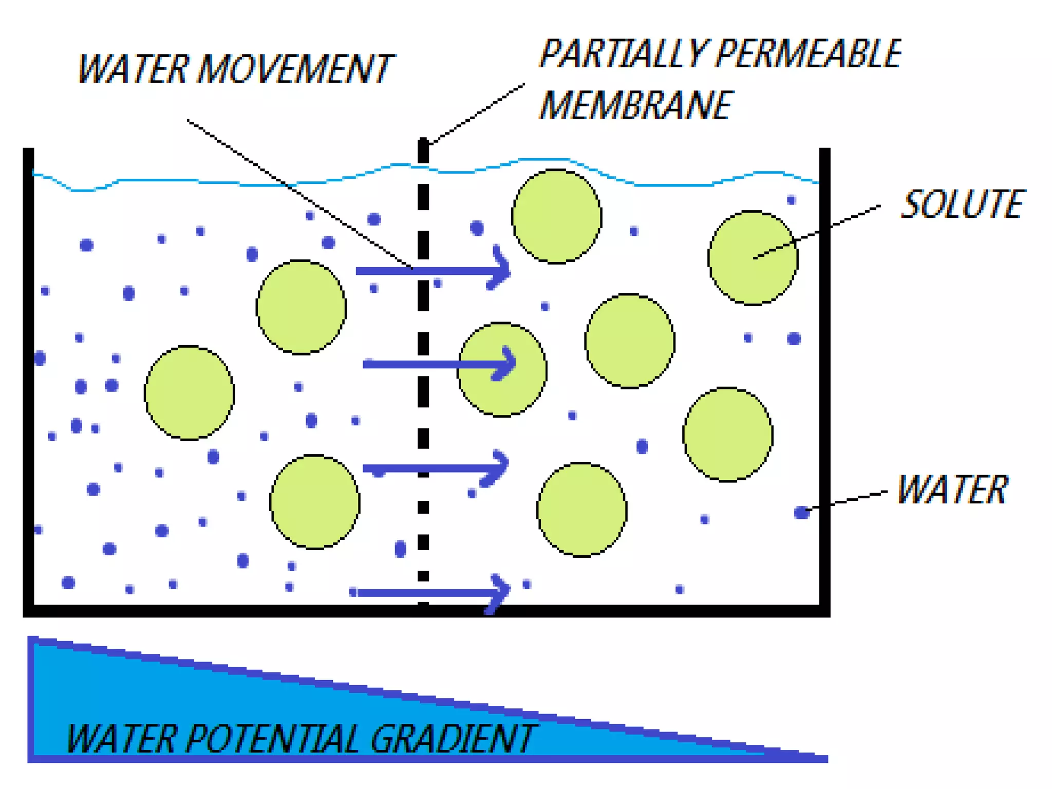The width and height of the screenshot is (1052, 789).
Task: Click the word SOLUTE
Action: point(962,204)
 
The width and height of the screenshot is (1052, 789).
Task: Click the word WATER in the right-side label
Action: point(952,490)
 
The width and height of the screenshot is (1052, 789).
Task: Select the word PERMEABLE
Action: point(808,54)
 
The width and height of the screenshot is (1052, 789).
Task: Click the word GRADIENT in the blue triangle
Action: point(452,739)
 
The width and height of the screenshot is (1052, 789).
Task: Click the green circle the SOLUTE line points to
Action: point(753,258)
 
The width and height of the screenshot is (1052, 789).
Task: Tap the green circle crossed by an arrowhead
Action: point(502,369)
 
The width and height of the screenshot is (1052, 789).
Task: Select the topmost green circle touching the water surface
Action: point(556,216)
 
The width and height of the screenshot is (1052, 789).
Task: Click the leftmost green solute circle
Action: point(189,393)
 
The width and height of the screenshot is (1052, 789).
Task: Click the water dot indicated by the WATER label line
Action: point(801,512)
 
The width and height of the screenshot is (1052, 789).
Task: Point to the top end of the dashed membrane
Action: point(423,144)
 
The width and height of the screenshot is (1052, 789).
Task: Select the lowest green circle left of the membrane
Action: point(314,502)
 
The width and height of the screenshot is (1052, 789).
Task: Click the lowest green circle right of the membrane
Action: point(581,510)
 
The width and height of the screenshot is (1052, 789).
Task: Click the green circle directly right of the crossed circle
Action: point(630,341)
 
